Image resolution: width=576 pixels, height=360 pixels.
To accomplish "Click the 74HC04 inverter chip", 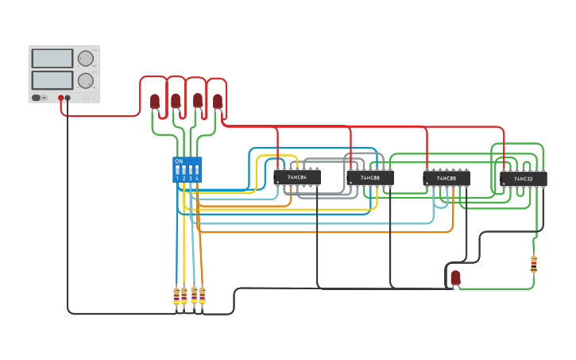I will (297, 177).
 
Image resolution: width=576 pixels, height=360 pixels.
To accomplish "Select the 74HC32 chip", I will (524, 179).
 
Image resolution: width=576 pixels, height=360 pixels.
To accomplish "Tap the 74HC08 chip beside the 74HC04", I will (370, 178).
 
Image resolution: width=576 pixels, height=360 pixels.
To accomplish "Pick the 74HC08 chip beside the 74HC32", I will (446, 179).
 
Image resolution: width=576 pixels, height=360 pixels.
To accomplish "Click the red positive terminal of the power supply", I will (60, 98).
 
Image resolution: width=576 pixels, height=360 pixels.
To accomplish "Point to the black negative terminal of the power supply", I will (68, 98).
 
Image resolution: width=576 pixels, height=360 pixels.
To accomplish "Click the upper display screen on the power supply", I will (52, 59).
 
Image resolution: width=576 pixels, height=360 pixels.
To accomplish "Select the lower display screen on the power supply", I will (52, 80).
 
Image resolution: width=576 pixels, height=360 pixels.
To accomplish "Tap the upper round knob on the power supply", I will (85, 59).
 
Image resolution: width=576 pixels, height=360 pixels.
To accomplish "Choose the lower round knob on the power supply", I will (85, 80).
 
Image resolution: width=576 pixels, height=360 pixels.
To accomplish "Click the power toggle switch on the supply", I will (37, 98).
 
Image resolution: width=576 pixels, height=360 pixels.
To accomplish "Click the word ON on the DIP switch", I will (179, 161).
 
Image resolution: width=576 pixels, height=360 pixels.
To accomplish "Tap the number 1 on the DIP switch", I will (177, 179).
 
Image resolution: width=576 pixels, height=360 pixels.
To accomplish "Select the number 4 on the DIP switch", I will (197, 179).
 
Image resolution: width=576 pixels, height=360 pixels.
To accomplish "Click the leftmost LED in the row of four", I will (155, 101).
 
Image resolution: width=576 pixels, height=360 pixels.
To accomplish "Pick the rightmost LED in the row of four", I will (218, 101).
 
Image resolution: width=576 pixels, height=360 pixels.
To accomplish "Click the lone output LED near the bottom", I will (455, 277).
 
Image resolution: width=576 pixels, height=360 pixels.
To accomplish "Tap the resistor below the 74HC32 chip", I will (533, 264).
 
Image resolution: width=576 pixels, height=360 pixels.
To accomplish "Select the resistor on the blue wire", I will (176, 296).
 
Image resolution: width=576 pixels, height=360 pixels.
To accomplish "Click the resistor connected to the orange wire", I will (203, 296).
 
